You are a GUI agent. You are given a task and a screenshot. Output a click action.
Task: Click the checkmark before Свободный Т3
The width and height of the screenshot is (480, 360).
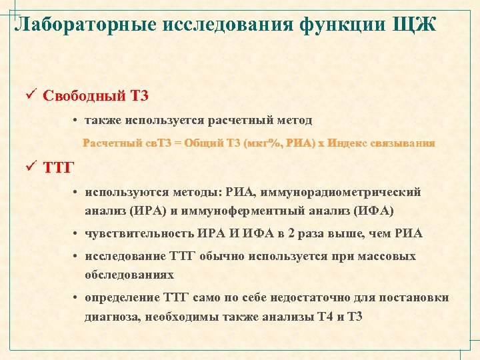29,94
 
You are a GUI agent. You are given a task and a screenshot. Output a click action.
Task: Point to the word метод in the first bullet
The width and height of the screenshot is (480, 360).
292,120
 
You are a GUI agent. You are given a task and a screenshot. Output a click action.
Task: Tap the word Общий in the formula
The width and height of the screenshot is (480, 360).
204,143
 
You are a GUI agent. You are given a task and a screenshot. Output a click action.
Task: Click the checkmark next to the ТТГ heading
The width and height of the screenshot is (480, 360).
29,166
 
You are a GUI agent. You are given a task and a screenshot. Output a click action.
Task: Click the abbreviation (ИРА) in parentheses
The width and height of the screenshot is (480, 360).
143,211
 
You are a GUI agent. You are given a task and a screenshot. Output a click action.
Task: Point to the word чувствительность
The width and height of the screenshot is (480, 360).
139,233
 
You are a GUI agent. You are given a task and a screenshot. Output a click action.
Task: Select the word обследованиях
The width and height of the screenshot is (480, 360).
129,274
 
